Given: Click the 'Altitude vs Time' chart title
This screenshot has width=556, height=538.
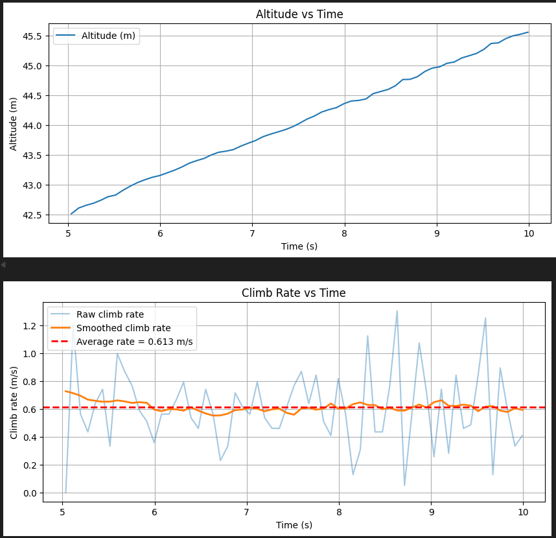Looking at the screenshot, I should (x=299, y=14).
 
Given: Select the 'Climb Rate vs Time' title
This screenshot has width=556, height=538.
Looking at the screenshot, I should (x=294, y=293).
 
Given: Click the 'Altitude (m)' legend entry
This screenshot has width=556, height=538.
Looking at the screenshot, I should (x=108, y=36).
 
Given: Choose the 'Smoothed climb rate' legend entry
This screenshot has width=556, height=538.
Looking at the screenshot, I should (x=123, y=328).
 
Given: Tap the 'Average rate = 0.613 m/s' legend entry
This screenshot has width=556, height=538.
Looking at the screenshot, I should (x=134, y=342).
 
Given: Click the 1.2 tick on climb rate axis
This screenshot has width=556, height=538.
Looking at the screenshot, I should (x=29, y=326).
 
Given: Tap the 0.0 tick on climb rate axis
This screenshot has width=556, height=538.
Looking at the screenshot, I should (x=29, y=493).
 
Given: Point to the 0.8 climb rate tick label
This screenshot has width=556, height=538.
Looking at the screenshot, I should (x=29, y=382).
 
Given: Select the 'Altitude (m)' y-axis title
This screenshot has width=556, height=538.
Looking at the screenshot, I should (x=14, y=124).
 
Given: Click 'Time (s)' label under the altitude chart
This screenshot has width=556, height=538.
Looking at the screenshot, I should (x=299, y=246).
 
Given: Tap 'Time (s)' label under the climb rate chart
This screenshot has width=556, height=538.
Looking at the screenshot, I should (x=294, y=524).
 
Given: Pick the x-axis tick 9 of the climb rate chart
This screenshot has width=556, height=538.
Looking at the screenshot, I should (x=432, y=511).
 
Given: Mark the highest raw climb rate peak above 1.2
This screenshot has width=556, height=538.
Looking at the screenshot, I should (x=397, y=310).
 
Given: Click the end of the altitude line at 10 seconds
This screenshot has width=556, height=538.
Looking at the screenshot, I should (x=528, y=32).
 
